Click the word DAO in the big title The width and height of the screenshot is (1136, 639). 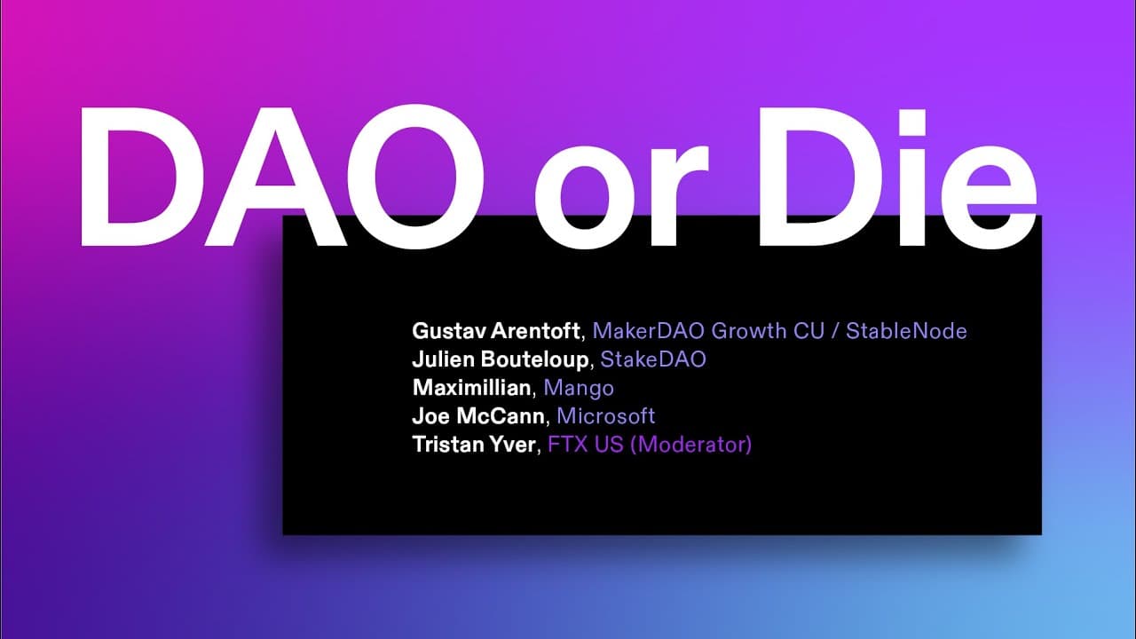[x=282, y=177]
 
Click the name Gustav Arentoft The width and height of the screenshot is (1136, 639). [x=496, y=331]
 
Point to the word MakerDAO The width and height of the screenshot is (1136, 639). [x=648, y=331]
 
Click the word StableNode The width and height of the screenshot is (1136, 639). [x=906, y=331]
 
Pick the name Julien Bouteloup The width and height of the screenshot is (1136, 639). [x=500, y=359]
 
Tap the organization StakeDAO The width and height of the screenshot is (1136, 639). [x=653, y=359]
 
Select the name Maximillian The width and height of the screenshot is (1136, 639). [x=471, y=388]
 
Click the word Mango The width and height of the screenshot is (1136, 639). [x=579, y=389]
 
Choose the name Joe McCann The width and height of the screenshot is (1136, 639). [x=478, y=416]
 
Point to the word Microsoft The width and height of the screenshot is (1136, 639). [x=606, y=416]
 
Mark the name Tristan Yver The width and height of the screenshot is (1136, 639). [x=474, y=445]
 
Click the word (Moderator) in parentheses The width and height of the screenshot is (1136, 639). [x=690, y=445]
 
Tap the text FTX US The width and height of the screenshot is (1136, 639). [x=585, y=445]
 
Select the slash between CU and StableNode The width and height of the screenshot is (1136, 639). [x=835, y=331]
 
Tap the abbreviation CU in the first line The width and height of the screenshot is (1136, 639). [x=809, y=331]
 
